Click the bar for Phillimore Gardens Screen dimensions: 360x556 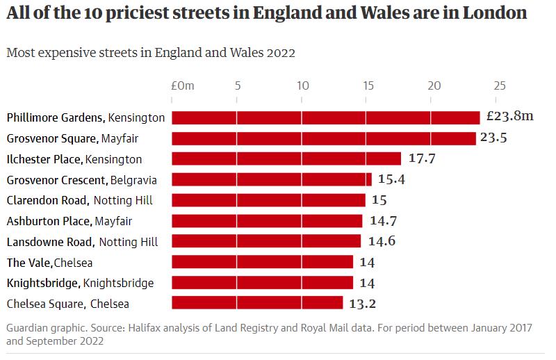325,117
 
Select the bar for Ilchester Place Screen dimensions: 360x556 286,159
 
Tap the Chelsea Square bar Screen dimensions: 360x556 257,304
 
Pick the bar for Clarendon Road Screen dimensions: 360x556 268,201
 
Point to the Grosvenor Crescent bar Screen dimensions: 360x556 272,180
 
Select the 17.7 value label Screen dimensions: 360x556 422,158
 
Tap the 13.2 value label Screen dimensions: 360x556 363,304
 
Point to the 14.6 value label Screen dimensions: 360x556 381,242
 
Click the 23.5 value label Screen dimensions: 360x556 493,138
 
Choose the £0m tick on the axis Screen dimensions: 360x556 183,85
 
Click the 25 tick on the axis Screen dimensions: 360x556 499,85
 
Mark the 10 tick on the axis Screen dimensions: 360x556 302,85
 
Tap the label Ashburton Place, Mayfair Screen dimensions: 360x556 69,222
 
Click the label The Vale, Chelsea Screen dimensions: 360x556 49,263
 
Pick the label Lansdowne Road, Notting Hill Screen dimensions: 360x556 82,242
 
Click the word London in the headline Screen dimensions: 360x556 493,13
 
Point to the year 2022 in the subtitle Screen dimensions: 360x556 281,54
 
